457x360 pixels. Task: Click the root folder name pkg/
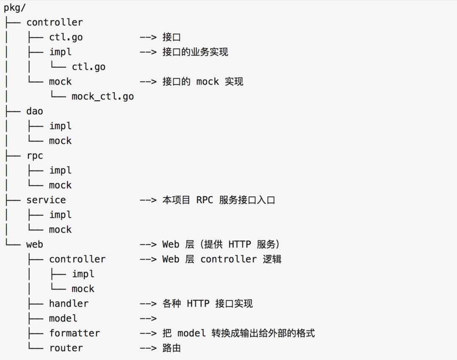(15, 8)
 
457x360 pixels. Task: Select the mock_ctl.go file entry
(102, 96)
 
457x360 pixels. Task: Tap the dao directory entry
(35, 111)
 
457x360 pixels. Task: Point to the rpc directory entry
(35, 156)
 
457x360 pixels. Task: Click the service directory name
(46, 200)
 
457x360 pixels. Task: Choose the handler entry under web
(69, 304)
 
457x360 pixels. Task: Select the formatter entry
(74, 333)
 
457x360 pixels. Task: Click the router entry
(66, 348)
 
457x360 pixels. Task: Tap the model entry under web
(63, 319)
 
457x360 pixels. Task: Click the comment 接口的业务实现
(195, 52)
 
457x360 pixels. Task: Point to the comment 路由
(171, 348)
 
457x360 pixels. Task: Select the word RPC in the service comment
(205, 200)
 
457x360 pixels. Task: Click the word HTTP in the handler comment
(198, 304)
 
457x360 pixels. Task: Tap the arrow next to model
(148, 319)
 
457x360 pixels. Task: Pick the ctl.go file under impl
(88, 67)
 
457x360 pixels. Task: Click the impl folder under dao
(61, 126)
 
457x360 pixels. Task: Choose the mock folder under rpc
(61, 185)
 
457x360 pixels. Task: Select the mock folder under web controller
(83, 289)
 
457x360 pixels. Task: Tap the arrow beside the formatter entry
(148, 333)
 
